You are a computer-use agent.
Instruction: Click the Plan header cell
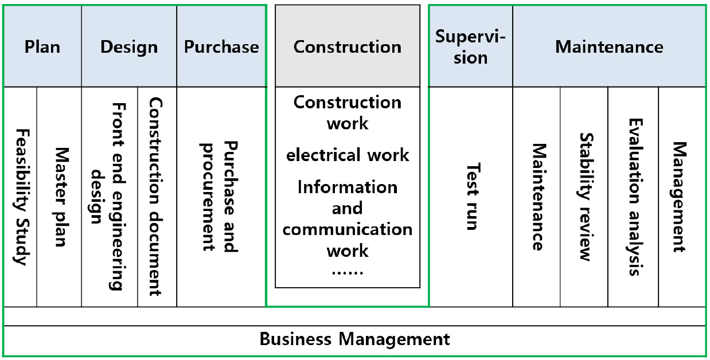(42, 46)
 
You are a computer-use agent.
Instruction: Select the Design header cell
(129, 46)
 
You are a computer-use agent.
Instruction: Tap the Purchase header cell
(221, 46)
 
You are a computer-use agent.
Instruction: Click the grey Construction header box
(348, 46)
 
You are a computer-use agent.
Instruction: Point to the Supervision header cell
(470, 46)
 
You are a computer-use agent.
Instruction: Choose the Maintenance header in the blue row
(609, 46)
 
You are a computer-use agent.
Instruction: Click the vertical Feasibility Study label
(21, 197)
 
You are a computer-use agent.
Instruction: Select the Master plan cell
(60, 197)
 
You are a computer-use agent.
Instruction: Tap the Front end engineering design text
(110, 197)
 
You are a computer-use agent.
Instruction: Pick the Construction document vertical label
(155, 197)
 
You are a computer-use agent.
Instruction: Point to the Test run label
(471, 197)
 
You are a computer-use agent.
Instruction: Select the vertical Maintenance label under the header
(537, 197)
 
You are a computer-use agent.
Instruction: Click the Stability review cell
(584, 197)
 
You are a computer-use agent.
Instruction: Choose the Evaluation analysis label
(634, 197)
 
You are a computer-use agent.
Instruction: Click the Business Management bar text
(355, 339)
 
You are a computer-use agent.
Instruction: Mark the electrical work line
(348, 155)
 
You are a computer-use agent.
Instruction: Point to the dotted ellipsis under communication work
(348, 271)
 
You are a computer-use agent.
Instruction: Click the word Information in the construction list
(348, 187)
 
